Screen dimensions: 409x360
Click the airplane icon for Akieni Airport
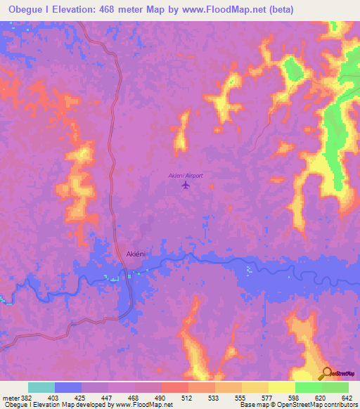[x=186, y=186]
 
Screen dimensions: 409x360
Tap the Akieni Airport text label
[x=186, y=175]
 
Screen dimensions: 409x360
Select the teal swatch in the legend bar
[x=41, y=387]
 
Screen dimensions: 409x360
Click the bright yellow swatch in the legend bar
[x=282, y=387]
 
